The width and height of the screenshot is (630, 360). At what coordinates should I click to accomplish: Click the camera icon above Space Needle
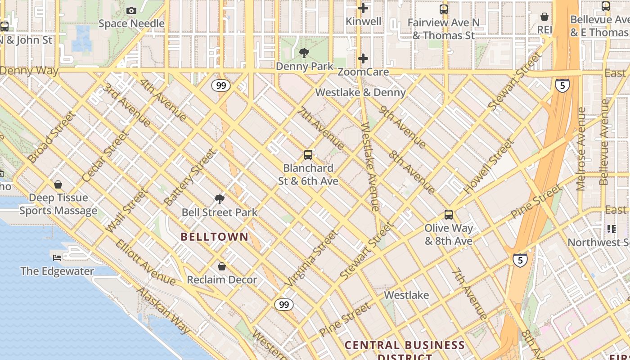(x=131, y=10)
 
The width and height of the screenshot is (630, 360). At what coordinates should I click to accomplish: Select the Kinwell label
(x=363, y=21)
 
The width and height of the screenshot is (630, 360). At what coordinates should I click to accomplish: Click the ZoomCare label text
(x=363, y=72)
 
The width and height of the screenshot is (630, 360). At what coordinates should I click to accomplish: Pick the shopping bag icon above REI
(x=544, y=17)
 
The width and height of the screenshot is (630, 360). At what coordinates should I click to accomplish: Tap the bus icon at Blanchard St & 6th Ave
(x=308, y=155)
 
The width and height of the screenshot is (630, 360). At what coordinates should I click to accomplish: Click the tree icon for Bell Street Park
(x=220, y=199)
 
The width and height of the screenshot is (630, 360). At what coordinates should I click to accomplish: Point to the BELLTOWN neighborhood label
(x=215, y=237)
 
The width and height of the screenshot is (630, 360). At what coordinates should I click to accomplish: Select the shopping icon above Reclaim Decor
(x=221, y=266)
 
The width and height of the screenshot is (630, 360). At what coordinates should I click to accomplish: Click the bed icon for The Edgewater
(x=57, y=258)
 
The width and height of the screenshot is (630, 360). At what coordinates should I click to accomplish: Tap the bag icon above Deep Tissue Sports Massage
(x=58, y=184)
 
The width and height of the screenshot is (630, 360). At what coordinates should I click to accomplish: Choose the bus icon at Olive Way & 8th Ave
(x=449, y=215)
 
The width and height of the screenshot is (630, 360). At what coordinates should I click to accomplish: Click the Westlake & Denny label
(x=360, y=92)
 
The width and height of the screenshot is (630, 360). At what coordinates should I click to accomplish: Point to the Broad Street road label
(x=51, y=137)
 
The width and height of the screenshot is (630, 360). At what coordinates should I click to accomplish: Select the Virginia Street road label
(x=311, y=259)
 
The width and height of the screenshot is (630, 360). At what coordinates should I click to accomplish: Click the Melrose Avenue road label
(x=581, y=148)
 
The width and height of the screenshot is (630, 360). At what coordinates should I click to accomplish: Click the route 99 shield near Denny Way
(x=221, y=85)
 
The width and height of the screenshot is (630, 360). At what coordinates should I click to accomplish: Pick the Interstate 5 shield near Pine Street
(x=520, y=260)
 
